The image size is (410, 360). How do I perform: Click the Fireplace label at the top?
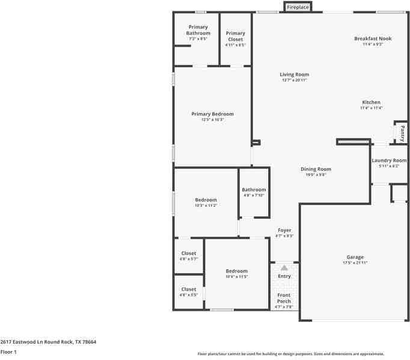coord(298,7)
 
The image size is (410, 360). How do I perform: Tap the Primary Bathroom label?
coord(198,30)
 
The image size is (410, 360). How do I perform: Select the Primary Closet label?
coord(235,36)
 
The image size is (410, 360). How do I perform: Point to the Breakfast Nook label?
coord(373,38)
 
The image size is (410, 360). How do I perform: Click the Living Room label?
coord(294,75)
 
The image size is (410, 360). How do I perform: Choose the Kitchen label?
coord(371,102)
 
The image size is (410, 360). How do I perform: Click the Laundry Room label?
coord(389,160)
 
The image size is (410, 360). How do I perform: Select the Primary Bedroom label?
coord(212,114)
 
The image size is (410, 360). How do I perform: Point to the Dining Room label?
coord(316,169)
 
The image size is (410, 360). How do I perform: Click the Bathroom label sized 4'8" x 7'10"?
coord(254,190)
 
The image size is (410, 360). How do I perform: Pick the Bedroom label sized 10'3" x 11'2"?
coord(206,200)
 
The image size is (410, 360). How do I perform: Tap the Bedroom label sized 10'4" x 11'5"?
coord(236,270)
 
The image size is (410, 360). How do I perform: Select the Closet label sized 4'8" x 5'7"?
coord(189,253)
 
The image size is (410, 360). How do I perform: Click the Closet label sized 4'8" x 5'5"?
coord(189,289)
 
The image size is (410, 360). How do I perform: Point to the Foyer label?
coord(284,230)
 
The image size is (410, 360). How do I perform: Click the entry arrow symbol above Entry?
coord(284,268)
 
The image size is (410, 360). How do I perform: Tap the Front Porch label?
coord(284,298)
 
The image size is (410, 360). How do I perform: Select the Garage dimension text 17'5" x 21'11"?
coord(355,263)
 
